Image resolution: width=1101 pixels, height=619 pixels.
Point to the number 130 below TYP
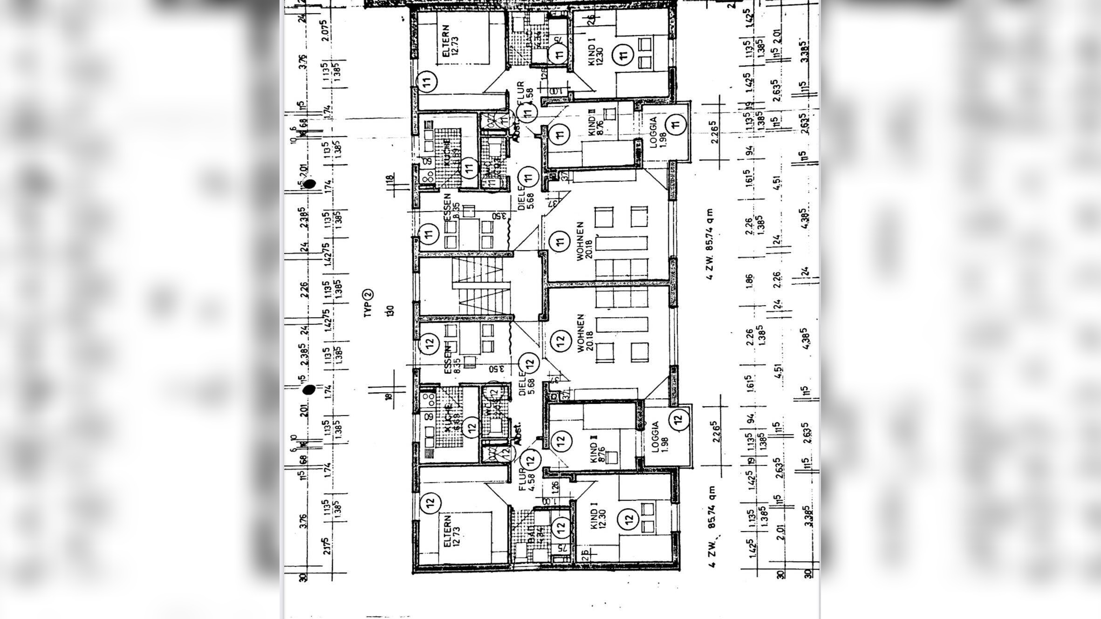coord(390,311)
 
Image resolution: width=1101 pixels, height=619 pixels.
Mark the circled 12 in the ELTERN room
coord(430,503)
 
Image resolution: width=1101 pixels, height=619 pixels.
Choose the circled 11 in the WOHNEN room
coord(560,241)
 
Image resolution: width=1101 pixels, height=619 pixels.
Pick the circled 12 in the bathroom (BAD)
coord(561,527)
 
